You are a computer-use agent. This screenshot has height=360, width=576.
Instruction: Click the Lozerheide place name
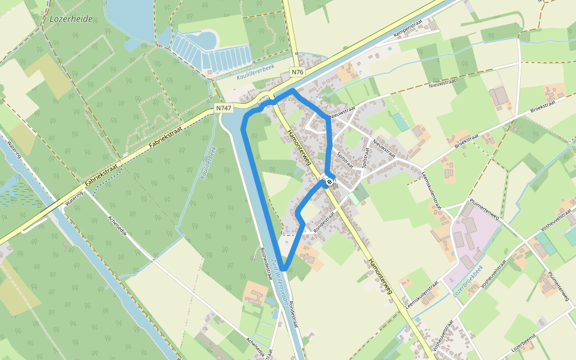pyautogui.click(x=71, y=19)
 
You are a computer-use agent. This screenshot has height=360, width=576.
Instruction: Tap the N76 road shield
pyautogui.click(x=298, y=73)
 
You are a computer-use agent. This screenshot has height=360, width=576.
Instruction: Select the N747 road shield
pyautogui.click(x=224, y=108)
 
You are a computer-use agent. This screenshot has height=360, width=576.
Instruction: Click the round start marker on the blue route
pyautogui.click(x=329, y=180)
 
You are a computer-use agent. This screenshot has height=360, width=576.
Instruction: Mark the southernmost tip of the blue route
pyautogui.click(x=284, y=268)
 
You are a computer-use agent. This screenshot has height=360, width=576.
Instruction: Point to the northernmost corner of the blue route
pyautogui.click(x=293, y=91)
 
